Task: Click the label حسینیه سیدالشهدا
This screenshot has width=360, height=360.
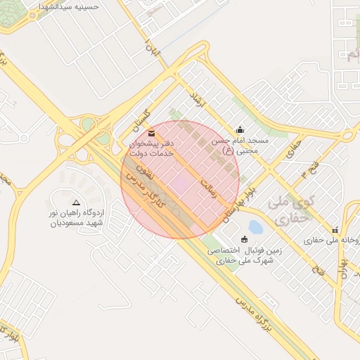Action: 65,6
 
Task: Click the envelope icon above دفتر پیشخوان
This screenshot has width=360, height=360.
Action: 152,133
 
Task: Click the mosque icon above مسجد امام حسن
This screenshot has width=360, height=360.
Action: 240,129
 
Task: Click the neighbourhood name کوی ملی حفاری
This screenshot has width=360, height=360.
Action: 290,210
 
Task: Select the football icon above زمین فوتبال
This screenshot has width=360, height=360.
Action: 245,239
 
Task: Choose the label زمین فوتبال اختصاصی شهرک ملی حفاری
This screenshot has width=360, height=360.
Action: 243,255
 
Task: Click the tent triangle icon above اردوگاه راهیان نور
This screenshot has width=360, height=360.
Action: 76,202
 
